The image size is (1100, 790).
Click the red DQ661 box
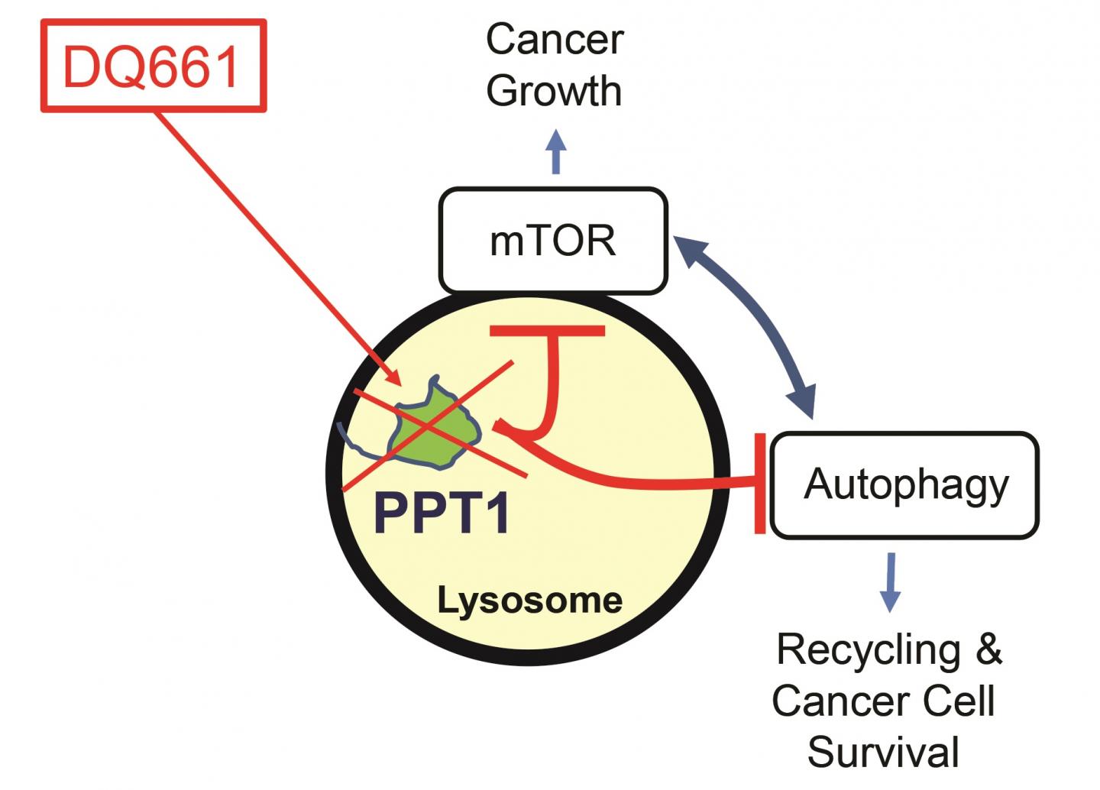[153, 66]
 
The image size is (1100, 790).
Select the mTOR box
[552, 241]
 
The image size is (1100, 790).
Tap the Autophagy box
[905, 485]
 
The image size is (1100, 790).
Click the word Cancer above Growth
[555, 40]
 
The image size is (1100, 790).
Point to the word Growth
[555, 92]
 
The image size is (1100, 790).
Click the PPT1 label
[442, 513]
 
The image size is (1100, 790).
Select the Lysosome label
[529, 601]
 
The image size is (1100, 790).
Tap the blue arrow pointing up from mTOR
[556, 151]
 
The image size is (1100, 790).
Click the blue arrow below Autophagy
[890, 582]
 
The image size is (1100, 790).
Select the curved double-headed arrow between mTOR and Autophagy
[756, 321]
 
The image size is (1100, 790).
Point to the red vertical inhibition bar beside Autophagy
[760, 483]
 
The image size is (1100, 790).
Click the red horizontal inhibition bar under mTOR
[548, 331]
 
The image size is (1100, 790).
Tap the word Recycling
[868, 651]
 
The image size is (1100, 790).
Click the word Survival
[883, 753]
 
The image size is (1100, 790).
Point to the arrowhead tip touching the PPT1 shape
[397, 383]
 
